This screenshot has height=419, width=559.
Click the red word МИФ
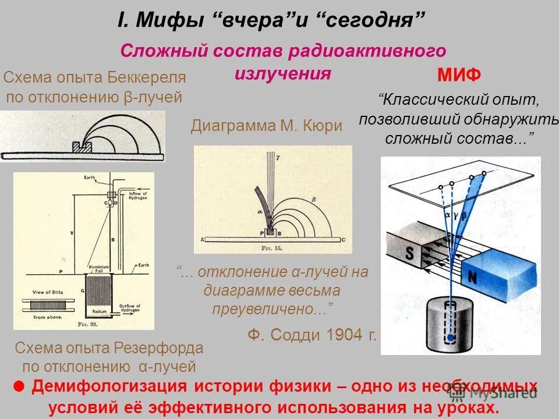[x=459, y=75]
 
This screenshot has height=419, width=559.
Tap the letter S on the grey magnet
[x=409, y=254]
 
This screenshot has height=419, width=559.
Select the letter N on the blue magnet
[x=472, y=278]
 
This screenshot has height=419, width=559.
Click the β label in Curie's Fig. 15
[x=314, y=199]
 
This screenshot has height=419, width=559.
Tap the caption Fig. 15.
[x=271, y=247]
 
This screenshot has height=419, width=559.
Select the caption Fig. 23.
[x=86, y=323]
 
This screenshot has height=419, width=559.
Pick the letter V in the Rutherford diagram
[x=72, y=232]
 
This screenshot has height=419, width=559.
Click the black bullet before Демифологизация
[x=18, y=386]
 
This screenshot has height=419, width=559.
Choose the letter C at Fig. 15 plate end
[x=344, y=239]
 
